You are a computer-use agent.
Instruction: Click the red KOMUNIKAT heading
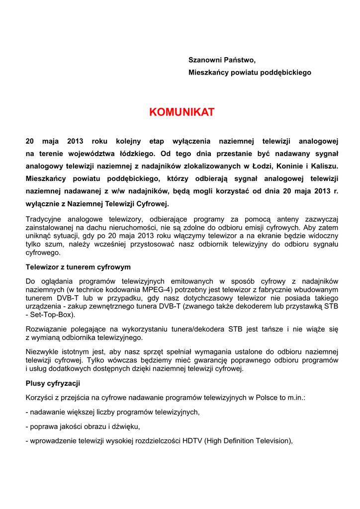181,112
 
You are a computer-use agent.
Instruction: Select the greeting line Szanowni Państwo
222,60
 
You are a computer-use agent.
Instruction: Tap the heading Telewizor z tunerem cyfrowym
78,267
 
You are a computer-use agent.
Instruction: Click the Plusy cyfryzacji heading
53,383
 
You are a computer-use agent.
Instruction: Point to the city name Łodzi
262,166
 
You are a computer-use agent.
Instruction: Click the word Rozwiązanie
46,329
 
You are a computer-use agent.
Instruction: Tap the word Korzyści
40,398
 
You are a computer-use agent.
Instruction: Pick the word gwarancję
230,360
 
